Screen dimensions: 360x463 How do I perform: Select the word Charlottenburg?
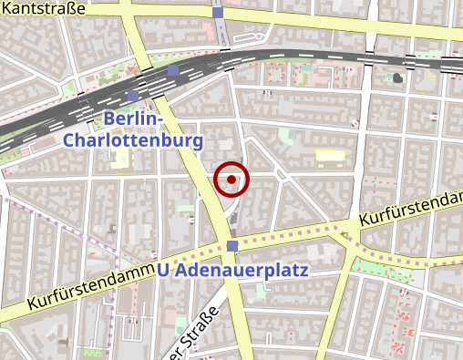click(132, 141)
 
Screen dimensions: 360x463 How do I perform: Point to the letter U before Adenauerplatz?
click(163, 270)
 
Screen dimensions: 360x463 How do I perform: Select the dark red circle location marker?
click(231, 179)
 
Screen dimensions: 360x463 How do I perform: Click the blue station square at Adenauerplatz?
click(233, 247)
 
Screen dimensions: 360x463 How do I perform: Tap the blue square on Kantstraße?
click(217, 13)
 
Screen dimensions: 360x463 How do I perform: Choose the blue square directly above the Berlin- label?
click(134, 96)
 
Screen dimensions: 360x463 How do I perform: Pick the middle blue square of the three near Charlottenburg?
click(173, 70)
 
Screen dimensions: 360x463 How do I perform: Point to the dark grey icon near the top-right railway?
click(397, 77)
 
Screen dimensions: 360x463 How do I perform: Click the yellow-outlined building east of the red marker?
click(330, 156)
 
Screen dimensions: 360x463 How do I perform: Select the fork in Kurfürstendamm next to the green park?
click(352, 233)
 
